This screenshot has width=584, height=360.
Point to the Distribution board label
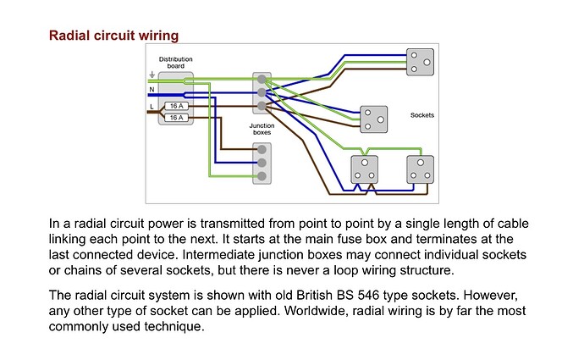176,62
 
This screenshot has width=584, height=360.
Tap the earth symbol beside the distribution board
152,74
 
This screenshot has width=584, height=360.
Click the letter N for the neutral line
152,88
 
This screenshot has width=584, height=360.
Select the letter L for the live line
152,107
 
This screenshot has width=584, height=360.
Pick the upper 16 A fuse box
177,106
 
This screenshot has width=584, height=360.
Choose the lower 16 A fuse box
177,117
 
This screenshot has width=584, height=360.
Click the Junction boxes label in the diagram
262,129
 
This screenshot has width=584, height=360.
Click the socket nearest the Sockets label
373,119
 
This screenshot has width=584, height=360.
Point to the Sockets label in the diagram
421,114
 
